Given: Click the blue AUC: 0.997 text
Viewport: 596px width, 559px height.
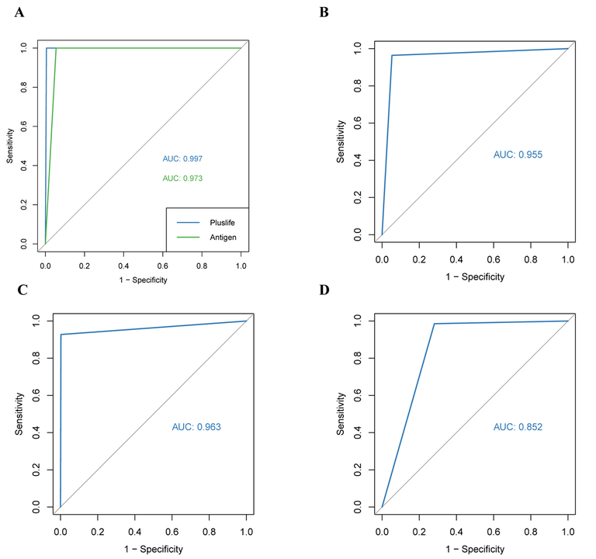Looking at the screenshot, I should pyautogui.click(x=183, y=158).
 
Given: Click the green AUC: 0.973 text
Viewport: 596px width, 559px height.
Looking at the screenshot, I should pyautogui.click(x=183, y=179).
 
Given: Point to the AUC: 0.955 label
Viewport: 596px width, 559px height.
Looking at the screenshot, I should pyautogui.click(x=518, y=155).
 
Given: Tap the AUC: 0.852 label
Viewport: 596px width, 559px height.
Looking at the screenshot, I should pyautogui.click(x=518, y=427).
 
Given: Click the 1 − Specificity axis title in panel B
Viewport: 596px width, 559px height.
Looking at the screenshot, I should pyautogui.click(x=474, y=276).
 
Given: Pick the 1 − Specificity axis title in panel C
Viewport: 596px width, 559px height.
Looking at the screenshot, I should pyautogui.click(x=153, y=549).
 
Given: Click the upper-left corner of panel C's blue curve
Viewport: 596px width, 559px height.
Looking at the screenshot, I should pyautogui.click(x=61, y=335).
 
